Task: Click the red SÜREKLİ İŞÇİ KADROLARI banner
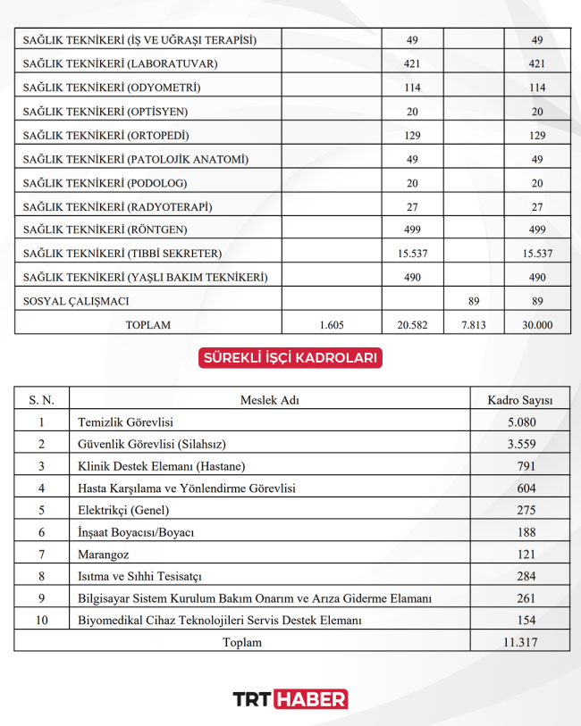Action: tap(290, 358)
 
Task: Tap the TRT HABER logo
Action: tap(290, 699)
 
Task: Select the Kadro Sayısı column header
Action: tap(520, 399)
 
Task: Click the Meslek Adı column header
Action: tap(270, 399)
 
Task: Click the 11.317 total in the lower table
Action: tap(520, 642)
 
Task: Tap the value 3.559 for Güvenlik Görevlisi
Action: tap(520, 444)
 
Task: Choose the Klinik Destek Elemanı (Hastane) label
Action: tap(162, 466)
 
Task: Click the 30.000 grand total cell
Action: tap(537, 325)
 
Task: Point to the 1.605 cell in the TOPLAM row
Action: tap(331, 325)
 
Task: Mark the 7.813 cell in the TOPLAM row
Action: tap(473, 325)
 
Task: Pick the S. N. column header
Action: tap(41, 399)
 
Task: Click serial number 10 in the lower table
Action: tap(41, 620)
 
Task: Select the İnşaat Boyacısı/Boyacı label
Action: tap(137, 532)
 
